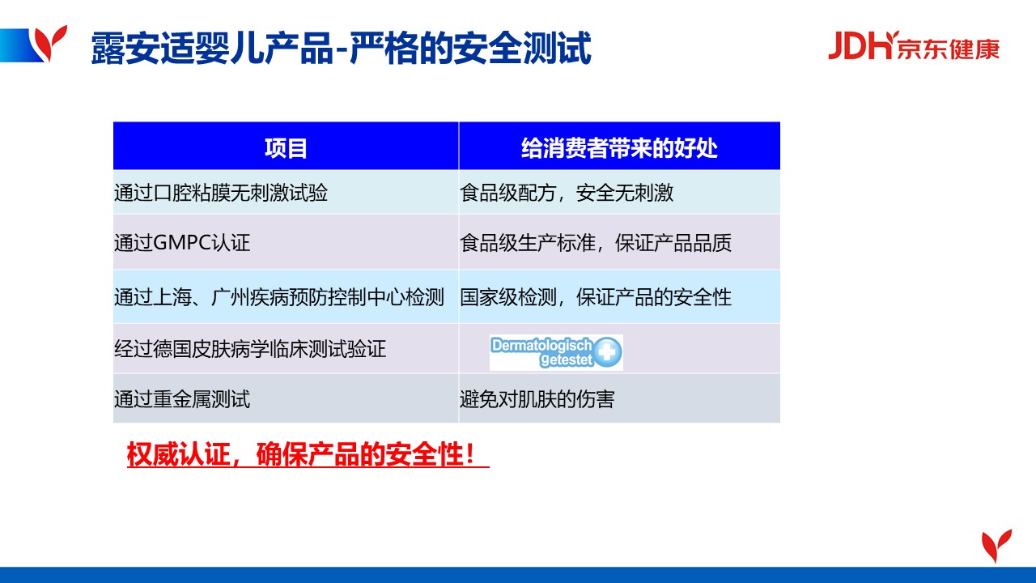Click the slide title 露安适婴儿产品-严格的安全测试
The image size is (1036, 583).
point(341,48)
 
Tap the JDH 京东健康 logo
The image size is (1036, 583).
point(914,46)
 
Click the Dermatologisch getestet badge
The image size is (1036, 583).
point(556,352)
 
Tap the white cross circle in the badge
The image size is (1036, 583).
point(607,352)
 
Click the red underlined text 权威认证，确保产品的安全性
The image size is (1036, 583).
point(302,454)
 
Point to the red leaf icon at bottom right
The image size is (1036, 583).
point(996,545)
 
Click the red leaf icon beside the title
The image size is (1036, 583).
point(51,43)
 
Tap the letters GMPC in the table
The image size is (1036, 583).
point(182,242)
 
